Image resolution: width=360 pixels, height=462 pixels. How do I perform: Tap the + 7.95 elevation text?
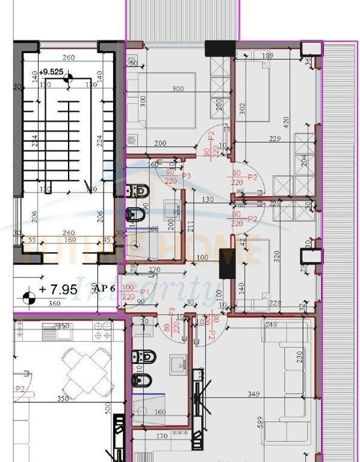click(58, 290)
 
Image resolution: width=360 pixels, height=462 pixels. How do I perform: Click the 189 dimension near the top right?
click(269, 56)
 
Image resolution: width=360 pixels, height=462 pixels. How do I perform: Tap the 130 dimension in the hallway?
click(208, 200)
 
